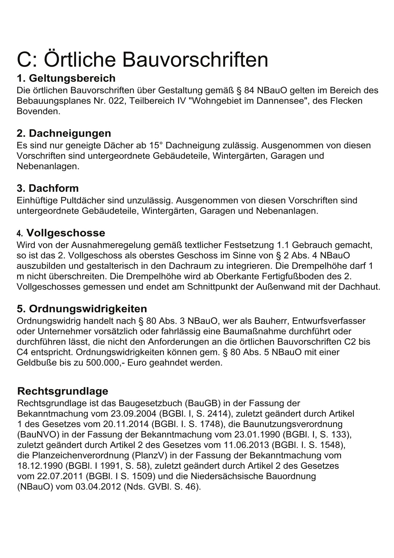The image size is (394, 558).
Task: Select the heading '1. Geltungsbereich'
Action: (x=66, y=78)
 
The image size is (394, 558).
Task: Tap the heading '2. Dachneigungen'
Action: (x=64, y=133)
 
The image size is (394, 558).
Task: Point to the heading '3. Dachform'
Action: (x=48, y=188)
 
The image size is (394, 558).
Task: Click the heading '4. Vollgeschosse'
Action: (x=61, y=233)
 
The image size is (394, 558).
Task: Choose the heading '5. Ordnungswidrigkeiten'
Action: (x=82, y=309)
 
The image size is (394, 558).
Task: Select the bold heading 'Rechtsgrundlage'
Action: (x=62, y=391)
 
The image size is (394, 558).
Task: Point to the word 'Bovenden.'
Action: (x=39, y=111)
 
